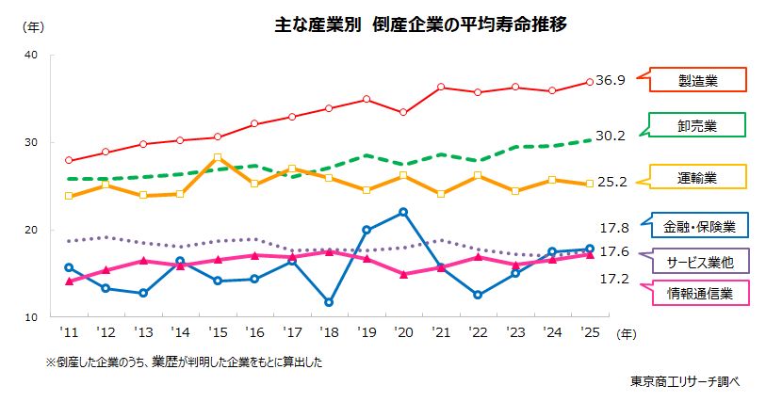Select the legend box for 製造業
(697, 80)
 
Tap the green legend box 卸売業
(697, 125)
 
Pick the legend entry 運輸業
(697, 176)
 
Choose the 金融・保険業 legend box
(697, 225)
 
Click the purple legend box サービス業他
(697, 261)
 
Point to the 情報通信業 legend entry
(697, 294)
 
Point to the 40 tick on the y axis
(30, 55)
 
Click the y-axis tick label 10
(30, 318)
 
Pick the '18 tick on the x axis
(328, 333)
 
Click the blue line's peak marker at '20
(403, 212)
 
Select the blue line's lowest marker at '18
(328, 302)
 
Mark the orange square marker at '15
(217, 157)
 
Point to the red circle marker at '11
(68, 160)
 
